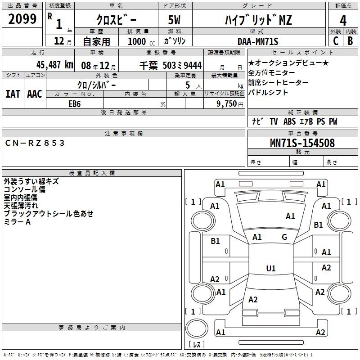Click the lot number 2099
click(22, 19)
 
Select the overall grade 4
click(343, 20)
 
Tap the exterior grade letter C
click(336, 41)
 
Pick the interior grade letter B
click(350, 41)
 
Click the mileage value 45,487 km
click(54, 65)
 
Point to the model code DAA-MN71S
click(258, 41)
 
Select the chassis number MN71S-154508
click(302, 143)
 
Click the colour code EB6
click(75, 104)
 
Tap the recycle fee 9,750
click(227, 103)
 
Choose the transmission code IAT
click(13, 94)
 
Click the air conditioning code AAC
click(35, 94)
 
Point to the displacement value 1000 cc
click(141, 41)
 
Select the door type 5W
click(174, 20)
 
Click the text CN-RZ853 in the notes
click(35, 143)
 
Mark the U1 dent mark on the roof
click(271, 268)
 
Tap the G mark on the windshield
click(284, 237)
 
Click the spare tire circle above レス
click(197, 328)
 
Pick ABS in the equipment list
click(289, 121)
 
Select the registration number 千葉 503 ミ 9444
click(171, 65)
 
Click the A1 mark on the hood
click(290, 216)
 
